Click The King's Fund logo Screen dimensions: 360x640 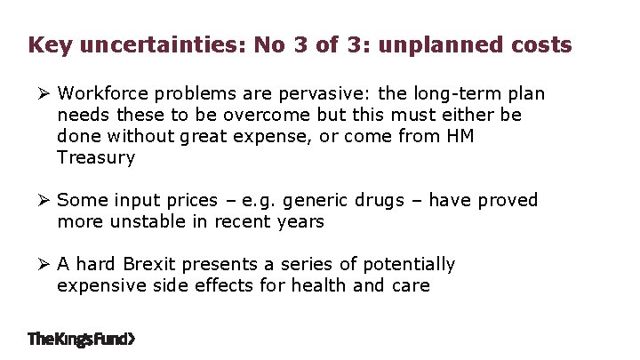click(x=82, y=339)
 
